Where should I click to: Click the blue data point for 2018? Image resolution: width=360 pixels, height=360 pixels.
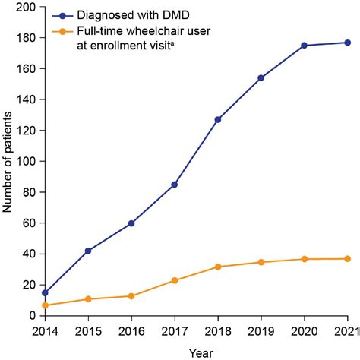(x=218, y=119)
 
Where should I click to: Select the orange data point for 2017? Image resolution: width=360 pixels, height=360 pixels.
(x=175, y=280)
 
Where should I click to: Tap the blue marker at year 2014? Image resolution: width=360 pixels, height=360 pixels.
(x=45, y=292)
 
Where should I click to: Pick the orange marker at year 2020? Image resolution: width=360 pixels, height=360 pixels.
(x=305, y=259)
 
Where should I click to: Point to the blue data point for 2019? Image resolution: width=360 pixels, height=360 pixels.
(x=261, y=77)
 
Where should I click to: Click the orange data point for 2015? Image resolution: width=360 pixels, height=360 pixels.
(x=88, y=298)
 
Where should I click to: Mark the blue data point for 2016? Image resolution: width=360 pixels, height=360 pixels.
(x=131, y=223)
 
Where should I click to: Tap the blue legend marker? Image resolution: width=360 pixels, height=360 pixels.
(x=64, y=15)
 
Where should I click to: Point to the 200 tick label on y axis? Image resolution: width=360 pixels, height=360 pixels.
(x=25, y=7)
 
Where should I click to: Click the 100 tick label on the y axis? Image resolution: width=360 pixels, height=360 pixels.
(x=25, y=161)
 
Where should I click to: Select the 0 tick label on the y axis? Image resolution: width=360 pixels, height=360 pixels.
(x=31, y=315)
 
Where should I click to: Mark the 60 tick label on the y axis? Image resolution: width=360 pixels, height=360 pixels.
(x=28, y=223)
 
